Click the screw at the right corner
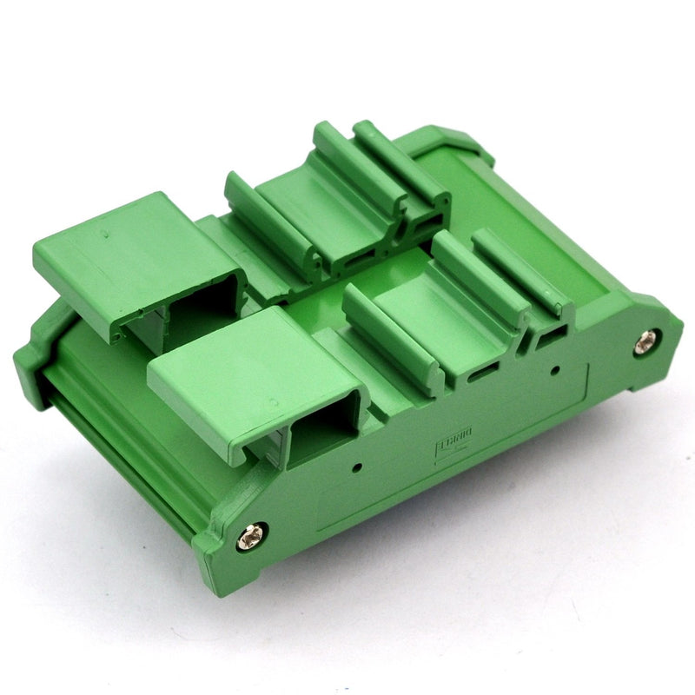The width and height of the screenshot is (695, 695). pyautogui.click(x=645, y=343)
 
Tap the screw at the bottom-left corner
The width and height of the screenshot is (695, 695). pyautogui.click(x=252, y=537)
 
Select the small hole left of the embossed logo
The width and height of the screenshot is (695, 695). pyautogui.click(x=357, y=467)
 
